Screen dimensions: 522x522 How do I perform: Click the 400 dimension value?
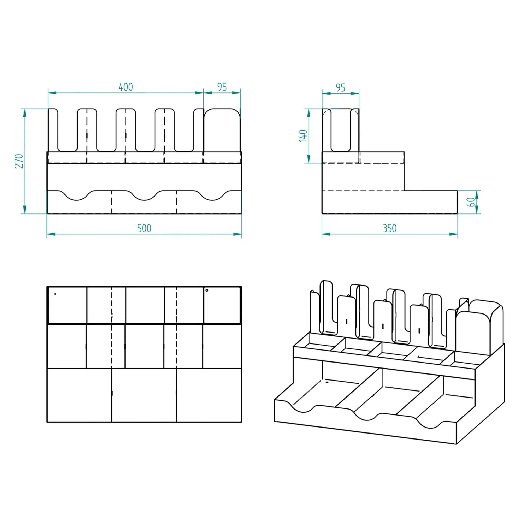tap(126, 87)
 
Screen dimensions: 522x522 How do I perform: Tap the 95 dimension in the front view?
tap(222, 87)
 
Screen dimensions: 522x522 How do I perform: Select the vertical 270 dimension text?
tap(19, 161)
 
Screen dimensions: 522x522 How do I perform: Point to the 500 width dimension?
tap(144, 228)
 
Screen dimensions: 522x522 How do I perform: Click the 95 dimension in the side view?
tap(340, 87)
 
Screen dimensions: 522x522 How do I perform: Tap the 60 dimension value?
tap(471, 202)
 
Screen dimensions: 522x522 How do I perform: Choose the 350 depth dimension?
tap(390, 228)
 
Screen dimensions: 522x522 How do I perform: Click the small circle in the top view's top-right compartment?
tap(207, 290)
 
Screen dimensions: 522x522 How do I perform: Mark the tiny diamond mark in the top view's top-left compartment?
tap(55, 294)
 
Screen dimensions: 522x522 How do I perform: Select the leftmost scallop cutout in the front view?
tap(77, 196)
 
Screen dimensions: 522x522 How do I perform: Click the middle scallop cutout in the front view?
tap(145, 196)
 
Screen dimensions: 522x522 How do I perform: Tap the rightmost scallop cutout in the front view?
tap(213, 196)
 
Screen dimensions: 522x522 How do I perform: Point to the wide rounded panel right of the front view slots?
tap(222, 130)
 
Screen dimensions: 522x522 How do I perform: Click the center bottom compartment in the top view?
tap(144, 395)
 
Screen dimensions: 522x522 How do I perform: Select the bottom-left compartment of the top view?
tap(79, 395)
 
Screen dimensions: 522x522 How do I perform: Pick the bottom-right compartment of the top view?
tap(209, 395)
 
